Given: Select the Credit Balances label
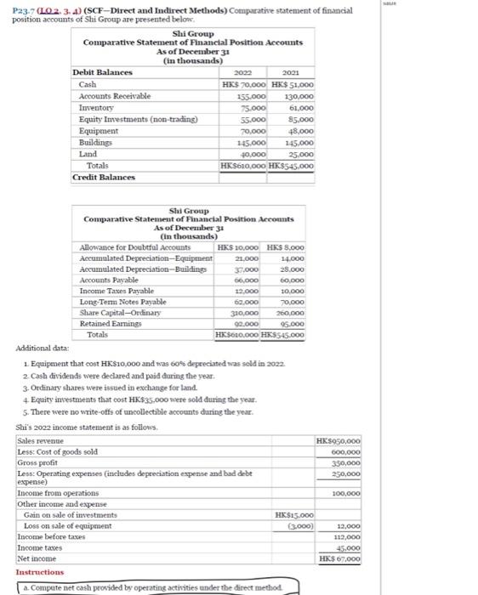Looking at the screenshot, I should (105, 178).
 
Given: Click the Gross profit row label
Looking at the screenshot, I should (42, 463).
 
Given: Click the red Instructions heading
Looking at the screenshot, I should (41, 573).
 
